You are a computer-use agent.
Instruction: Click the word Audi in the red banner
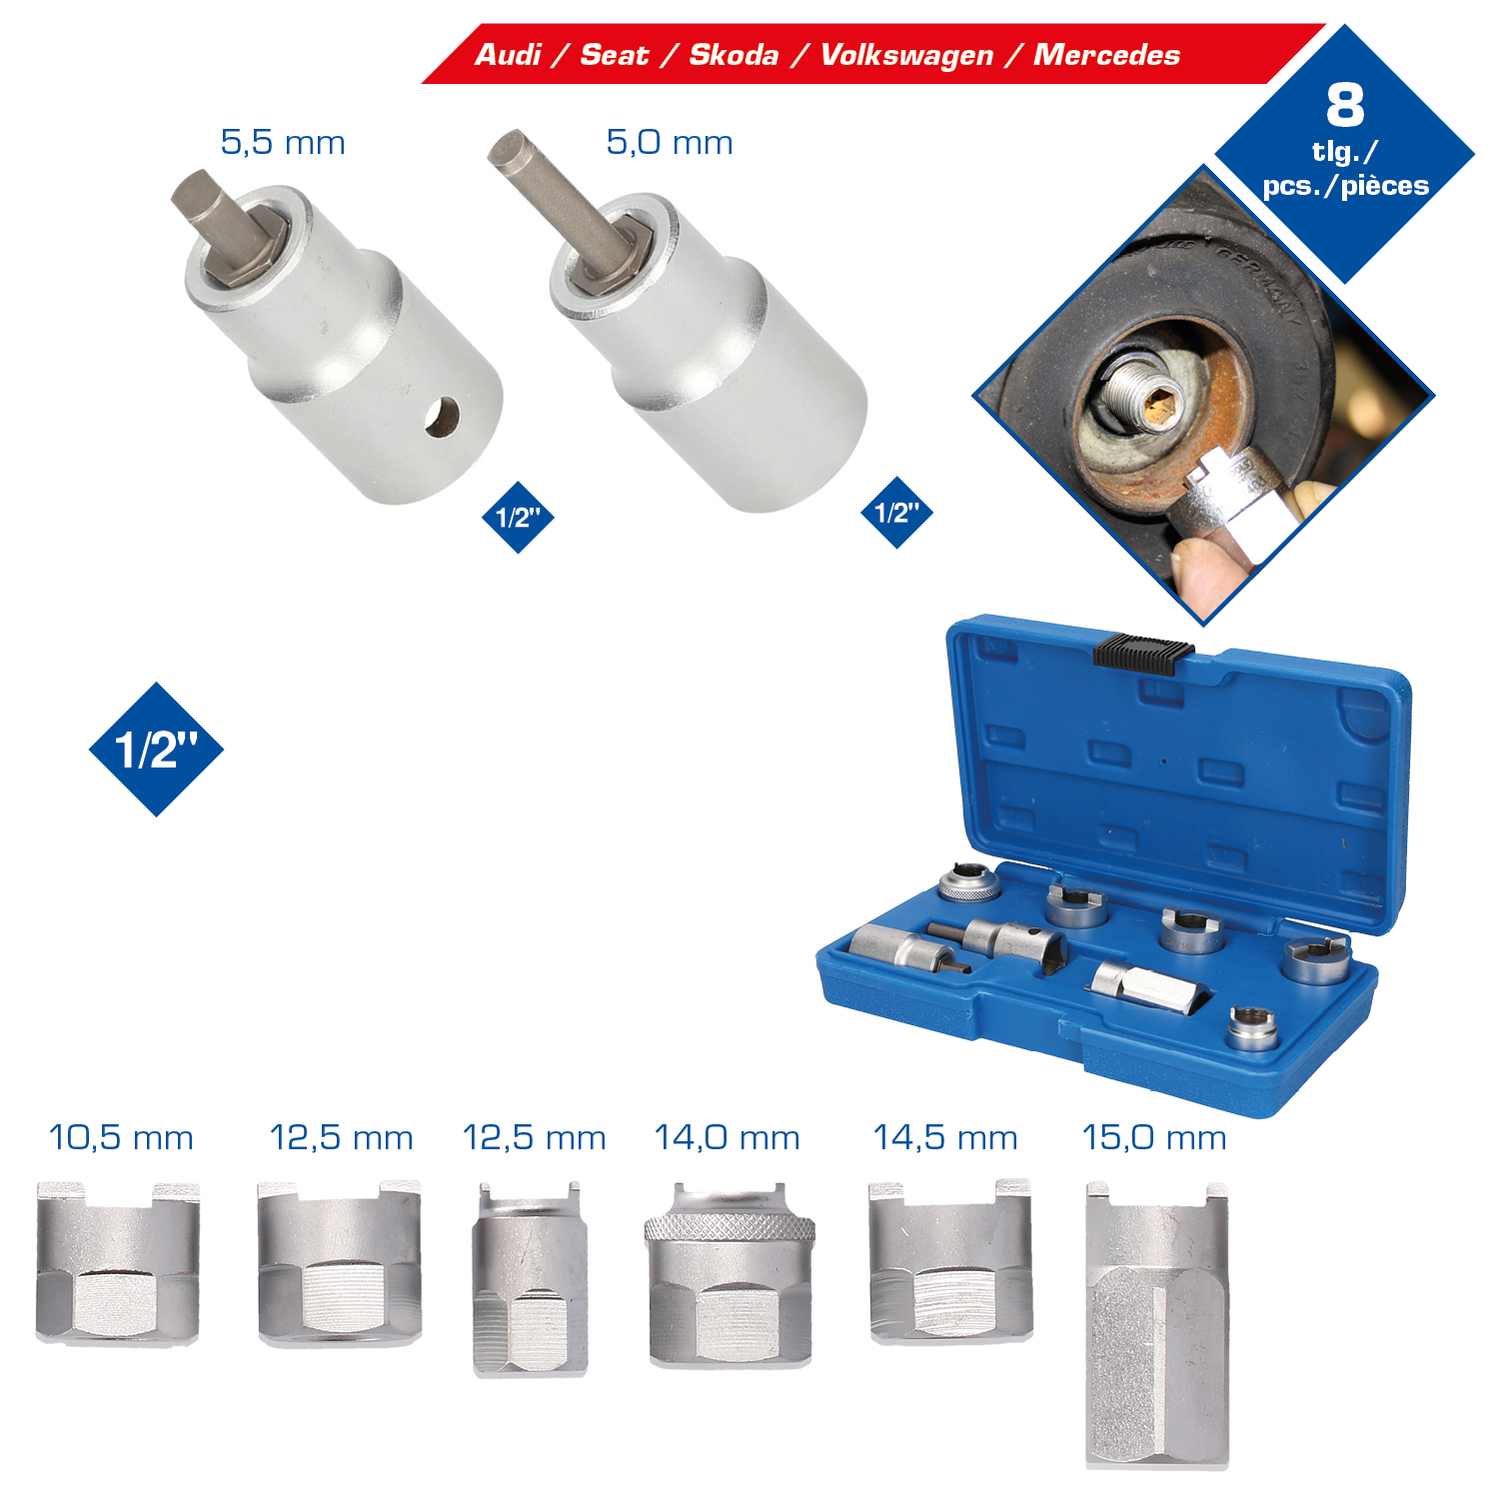[508, 54]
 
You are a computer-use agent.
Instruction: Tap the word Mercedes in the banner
[1106, 54]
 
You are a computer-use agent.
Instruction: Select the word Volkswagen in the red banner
[906, 56]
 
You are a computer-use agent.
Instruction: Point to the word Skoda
[734, 54]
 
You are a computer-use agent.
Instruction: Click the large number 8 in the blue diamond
[1345, 104]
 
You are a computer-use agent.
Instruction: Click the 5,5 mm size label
[283, 142]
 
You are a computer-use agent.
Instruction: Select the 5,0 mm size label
[670, 142]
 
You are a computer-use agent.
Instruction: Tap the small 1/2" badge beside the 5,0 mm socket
[896, 513]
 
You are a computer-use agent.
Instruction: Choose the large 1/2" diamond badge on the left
[156, 749]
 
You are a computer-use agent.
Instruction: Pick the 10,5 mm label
[121, 1137]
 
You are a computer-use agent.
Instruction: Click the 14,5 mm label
[945, 1137]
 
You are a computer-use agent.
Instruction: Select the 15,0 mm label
[1154, 1137]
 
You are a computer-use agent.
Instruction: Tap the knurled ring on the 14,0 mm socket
[730, 1227]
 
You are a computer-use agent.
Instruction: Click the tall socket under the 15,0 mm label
[1157, 1325]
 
